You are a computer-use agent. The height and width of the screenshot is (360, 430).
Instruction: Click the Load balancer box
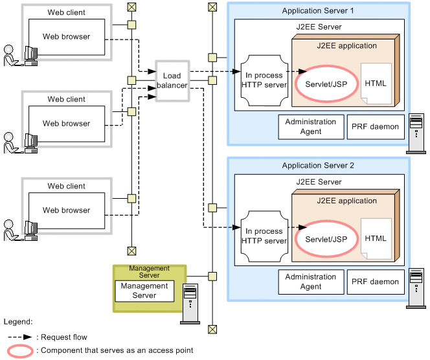pyautogui.click(x=172, y=81)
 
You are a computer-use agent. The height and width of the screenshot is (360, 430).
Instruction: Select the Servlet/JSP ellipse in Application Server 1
pyautogui.click(x=321, y=83)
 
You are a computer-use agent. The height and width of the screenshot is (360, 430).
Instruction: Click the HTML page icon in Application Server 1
pyautogui.click(x=376, y=84)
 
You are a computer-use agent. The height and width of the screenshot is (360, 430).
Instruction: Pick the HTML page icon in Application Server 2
pyautogui.click(x=376, y=239)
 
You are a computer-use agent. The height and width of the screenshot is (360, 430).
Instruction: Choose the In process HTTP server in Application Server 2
pyautogui.click(x=264, y=236)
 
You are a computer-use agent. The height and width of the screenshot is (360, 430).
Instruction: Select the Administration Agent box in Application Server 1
pyautogui.click(x=311, y=127)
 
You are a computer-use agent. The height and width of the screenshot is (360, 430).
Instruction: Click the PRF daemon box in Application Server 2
pyautogui.click(x=375, y=282)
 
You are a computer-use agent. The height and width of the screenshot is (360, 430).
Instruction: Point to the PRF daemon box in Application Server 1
pyautogui.click(x=375, y=127)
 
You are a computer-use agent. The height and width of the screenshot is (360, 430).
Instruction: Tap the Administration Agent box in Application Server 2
pyautogui.click(x=311, y=282)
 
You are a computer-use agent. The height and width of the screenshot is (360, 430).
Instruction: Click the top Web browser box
pyautogui.click(x=66, y=37)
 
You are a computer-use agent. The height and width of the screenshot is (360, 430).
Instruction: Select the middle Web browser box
pyautogui.click(x=66, y=124)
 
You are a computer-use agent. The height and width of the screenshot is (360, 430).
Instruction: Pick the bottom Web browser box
pyautogui.click(x=66, y=210)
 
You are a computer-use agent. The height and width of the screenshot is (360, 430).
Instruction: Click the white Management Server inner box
pyautogui.click(x=144, y=291)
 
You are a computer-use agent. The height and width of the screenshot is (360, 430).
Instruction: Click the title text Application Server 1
pyautogui.click(x=318, y=11)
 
